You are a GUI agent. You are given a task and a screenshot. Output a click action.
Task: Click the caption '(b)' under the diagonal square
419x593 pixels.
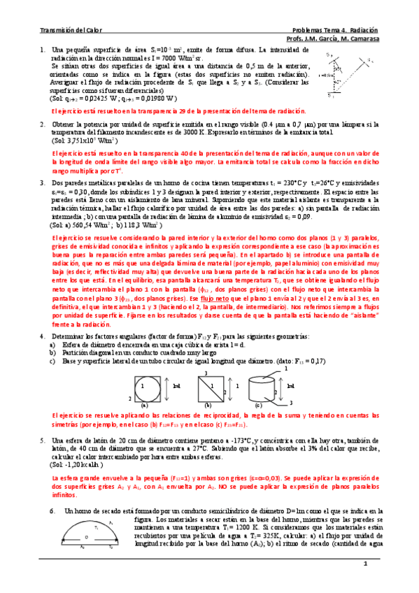pos(208,405)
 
